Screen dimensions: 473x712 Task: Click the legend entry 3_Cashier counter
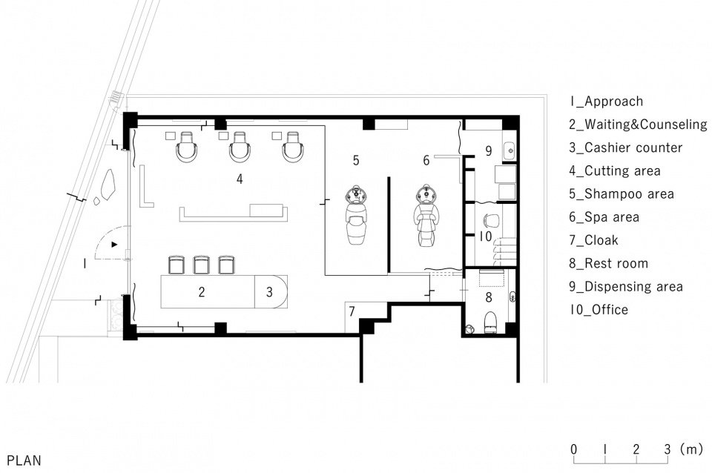pyautogui.click(x=625, y=148)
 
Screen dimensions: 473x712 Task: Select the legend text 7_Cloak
pyautogui.click(x=593, y=240)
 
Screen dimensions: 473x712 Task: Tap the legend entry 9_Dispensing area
pyautogui.click(x=626, y=286)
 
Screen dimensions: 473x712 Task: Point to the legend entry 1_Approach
pyautogui.click(x=606, y=102)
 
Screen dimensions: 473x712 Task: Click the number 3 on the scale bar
pyautogui.click(x=667, y=449)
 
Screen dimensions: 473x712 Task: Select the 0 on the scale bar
pyautogui.click(x=573, y=449)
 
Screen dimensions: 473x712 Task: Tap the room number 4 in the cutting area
pyautogui.click(x=240, y=179)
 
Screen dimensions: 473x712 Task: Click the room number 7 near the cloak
pyautogui.click(x=352, y=310)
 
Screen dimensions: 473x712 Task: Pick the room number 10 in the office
pyautogui.click(x=485, y=236)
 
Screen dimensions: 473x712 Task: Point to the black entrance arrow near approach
pyautogui.click(x=113, y=243)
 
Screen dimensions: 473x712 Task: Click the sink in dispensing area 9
pyautogui.click(x=509, y=151)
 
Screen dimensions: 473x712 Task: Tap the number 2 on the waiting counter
pyautogui.click(x=201, y=291)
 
